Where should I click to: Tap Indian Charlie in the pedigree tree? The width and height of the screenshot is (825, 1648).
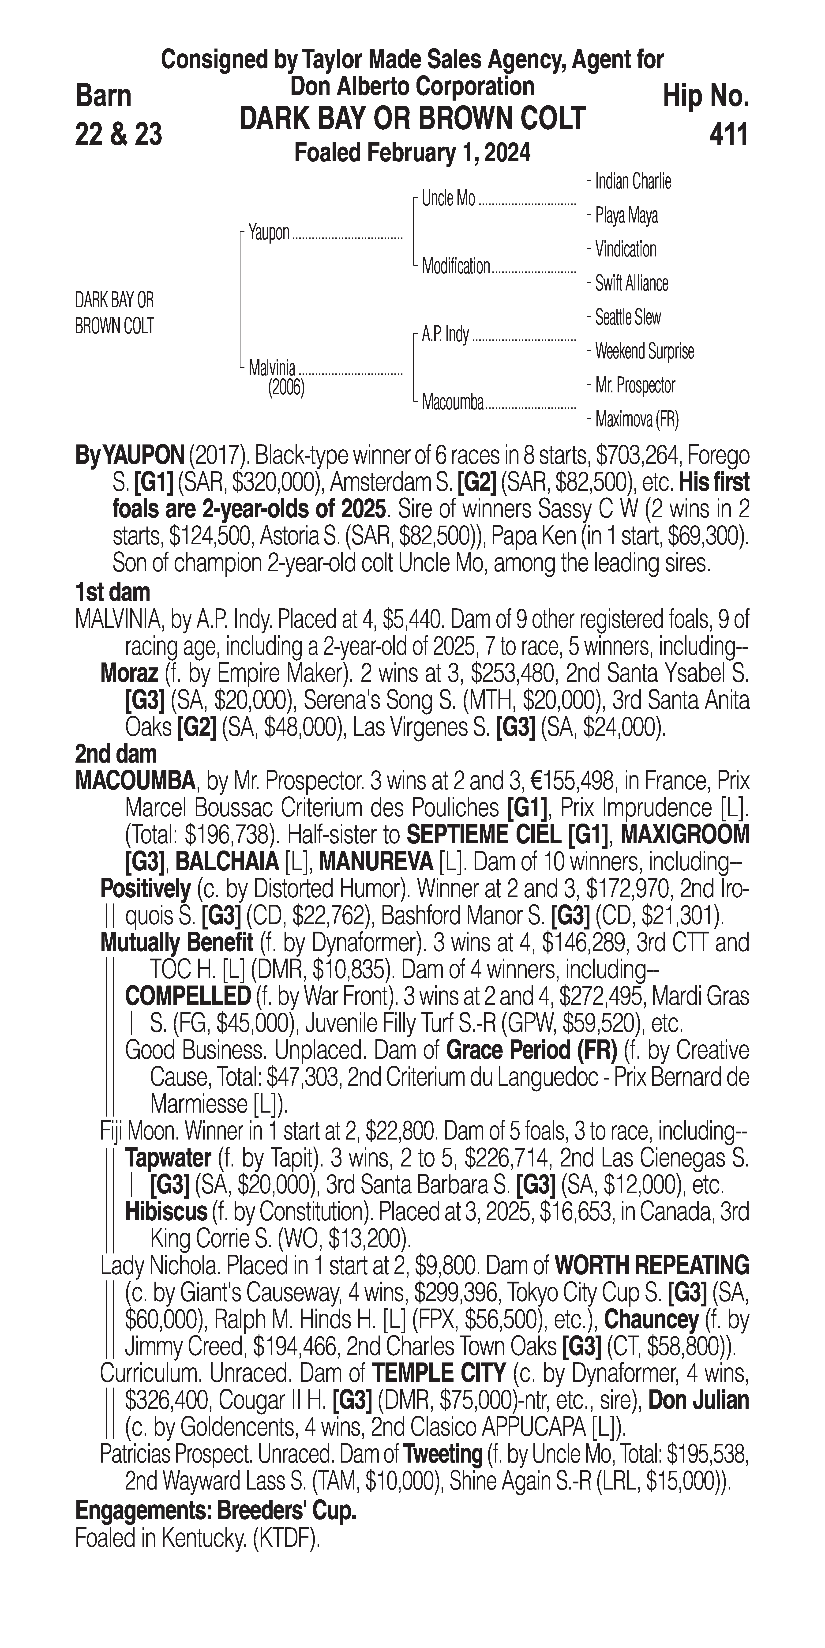633,182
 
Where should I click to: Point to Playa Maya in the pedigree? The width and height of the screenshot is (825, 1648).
626,216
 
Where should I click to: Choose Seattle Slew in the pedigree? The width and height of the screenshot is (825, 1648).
627,317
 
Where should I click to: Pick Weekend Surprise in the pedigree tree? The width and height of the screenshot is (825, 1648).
644,351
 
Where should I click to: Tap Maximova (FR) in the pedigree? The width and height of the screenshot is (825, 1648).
636,420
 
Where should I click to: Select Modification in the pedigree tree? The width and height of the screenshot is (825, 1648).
455,266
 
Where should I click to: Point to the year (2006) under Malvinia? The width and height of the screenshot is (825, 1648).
286,388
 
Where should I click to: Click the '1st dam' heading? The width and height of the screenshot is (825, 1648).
112,592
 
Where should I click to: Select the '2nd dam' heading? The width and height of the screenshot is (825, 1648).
115,754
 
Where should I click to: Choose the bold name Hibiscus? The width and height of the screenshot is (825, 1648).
166,1211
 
